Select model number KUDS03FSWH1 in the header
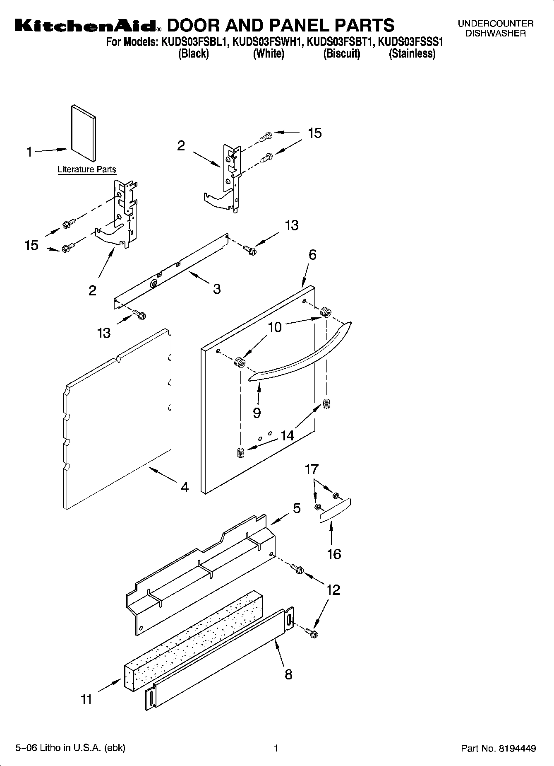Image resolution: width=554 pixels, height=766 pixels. click(x=268, y=42)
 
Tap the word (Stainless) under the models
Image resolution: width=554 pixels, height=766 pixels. click(x=412, y=53)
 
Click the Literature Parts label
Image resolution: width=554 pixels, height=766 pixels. click(x=87, y=169)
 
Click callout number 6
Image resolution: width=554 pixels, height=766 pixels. click(x=312, y=255)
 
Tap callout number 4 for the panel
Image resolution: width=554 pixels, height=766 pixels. click(x=185, y=487)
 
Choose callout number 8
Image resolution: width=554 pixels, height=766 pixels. click(x=288, y=674)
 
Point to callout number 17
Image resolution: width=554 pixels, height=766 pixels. click(x=312, y=469)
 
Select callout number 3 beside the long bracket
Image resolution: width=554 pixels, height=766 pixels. click(x=217, y=289)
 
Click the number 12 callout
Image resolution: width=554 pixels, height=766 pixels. click(x=333, y=590)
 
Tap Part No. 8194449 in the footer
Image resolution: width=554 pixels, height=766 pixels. click(x=499, y=748)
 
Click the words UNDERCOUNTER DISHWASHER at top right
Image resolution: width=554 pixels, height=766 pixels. click(x=496, y=29)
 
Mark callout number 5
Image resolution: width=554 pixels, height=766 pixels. click(x=297, y=508)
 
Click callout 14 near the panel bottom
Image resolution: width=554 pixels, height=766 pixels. click(x=287, y=435)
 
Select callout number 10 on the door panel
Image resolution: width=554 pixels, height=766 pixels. click(x=275, y=327)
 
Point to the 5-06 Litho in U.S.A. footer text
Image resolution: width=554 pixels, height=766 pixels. click(x=70, y=748)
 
